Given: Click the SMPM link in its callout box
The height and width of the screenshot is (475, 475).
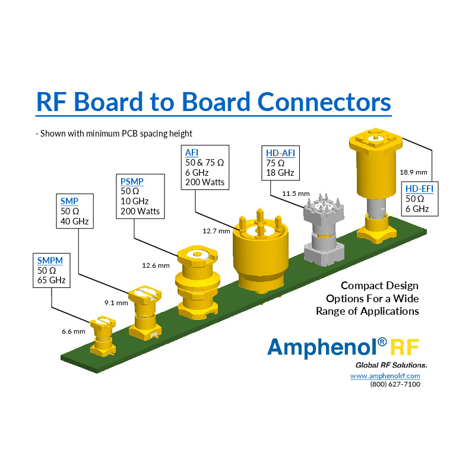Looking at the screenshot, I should pyautogui.click(x=50, y=260).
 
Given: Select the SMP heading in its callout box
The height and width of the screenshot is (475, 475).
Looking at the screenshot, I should pyautogui.click(x=70, y=201).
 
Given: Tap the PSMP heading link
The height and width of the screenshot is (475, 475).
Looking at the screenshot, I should pyautogui.click(x=132, y=181).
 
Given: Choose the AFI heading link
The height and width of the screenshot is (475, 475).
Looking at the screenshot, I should pyautogui.click(x=192, y=153).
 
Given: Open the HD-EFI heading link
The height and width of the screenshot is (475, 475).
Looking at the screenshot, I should pyautogui.click(x=419, y=188).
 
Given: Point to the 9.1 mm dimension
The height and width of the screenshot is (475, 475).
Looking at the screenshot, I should pyautogui.click(x=116, y=303).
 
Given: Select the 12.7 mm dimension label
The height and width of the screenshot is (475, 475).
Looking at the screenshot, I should pyautogui.click(x=217, y=231).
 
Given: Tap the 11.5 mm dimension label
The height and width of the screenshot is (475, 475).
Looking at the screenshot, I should pyautogui.click(x=296, y=194).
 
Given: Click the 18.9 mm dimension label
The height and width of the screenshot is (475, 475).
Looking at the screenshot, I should pyautogui.click(x=413, y=172).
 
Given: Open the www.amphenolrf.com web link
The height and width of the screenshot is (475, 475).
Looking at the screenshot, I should pyautogui.click(x=385, y=376).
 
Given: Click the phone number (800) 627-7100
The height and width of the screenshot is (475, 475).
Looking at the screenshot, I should pyautogui.click(x=395, y=384).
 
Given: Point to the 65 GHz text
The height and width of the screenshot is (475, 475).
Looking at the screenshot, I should pyautogui.click(x=51, y=280).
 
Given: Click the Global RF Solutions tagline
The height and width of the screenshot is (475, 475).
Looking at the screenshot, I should pyautogui.click(x=391, y=364).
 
